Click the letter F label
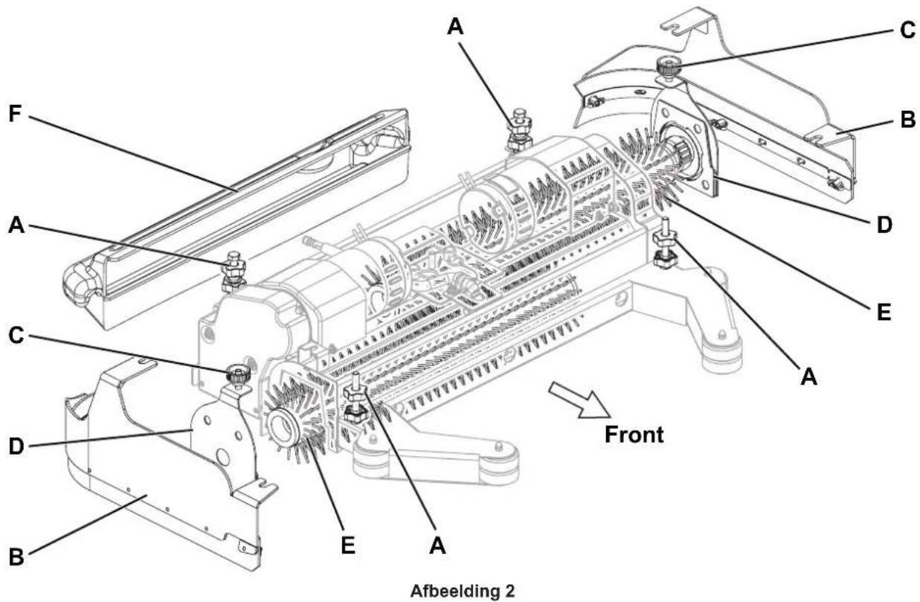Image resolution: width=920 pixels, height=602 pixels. point(15,115)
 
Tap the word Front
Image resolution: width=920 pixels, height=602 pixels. point(634,435)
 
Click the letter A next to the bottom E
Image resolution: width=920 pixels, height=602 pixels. point(437,545)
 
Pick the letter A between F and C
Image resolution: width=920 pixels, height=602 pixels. point(16,225)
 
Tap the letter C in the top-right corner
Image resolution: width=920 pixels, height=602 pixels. point(907,30)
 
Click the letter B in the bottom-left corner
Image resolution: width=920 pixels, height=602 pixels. point(16,557)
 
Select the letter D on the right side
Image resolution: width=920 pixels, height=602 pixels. point(884,225)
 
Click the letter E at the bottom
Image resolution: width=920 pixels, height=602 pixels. point(348,545)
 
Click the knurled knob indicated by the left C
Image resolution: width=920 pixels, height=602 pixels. point(238,375)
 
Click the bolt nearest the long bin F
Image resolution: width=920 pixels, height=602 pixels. point(234,272)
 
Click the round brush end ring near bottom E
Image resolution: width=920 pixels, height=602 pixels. point(283,428)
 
